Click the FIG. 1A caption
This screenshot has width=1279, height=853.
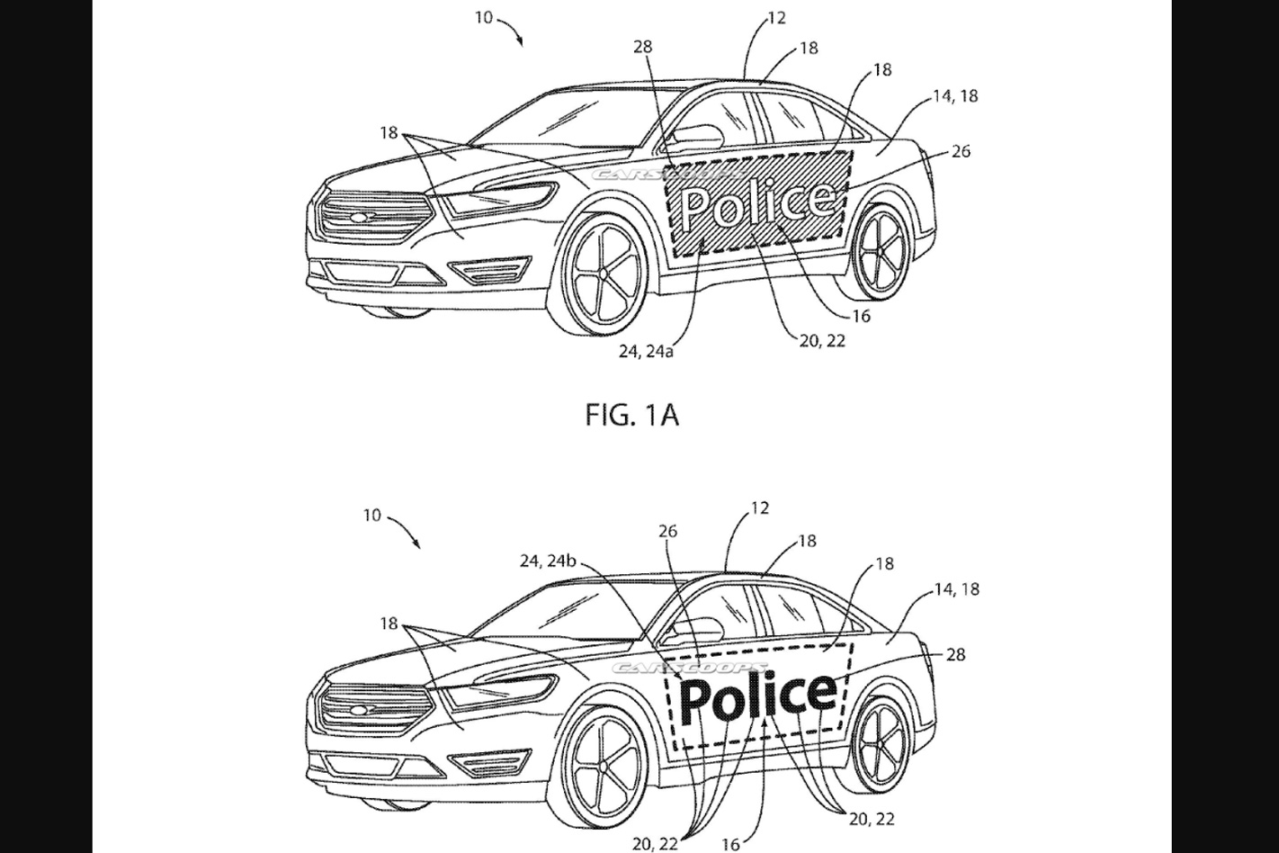tap(631, 415)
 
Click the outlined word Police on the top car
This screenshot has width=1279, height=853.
tap(756, 203)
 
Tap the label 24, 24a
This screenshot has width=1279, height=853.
tap(646, 351)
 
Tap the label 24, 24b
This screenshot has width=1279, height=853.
tap(547, 561)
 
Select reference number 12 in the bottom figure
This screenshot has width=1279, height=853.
tap(760, 508)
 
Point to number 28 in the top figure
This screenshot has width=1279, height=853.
tap(642, 47)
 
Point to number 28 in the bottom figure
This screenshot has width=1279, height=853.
tap(955, 654)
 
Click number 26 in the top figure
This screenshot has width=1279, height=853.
tap(961, 151)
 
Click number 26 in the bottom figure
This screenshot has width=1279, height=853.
tap(667, 532)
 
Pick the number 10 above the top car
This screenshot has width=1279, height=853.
tap(484, 17)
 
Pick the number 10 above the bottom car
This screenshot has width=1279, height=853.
tap(372, 516)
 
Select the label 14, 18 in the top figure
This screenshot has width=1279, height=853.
tap(955, 95)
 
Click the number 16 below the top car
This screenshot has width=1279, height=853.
tap(861, 316)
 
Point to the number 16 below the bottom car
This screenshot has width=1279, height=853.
tap(730, 843)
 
